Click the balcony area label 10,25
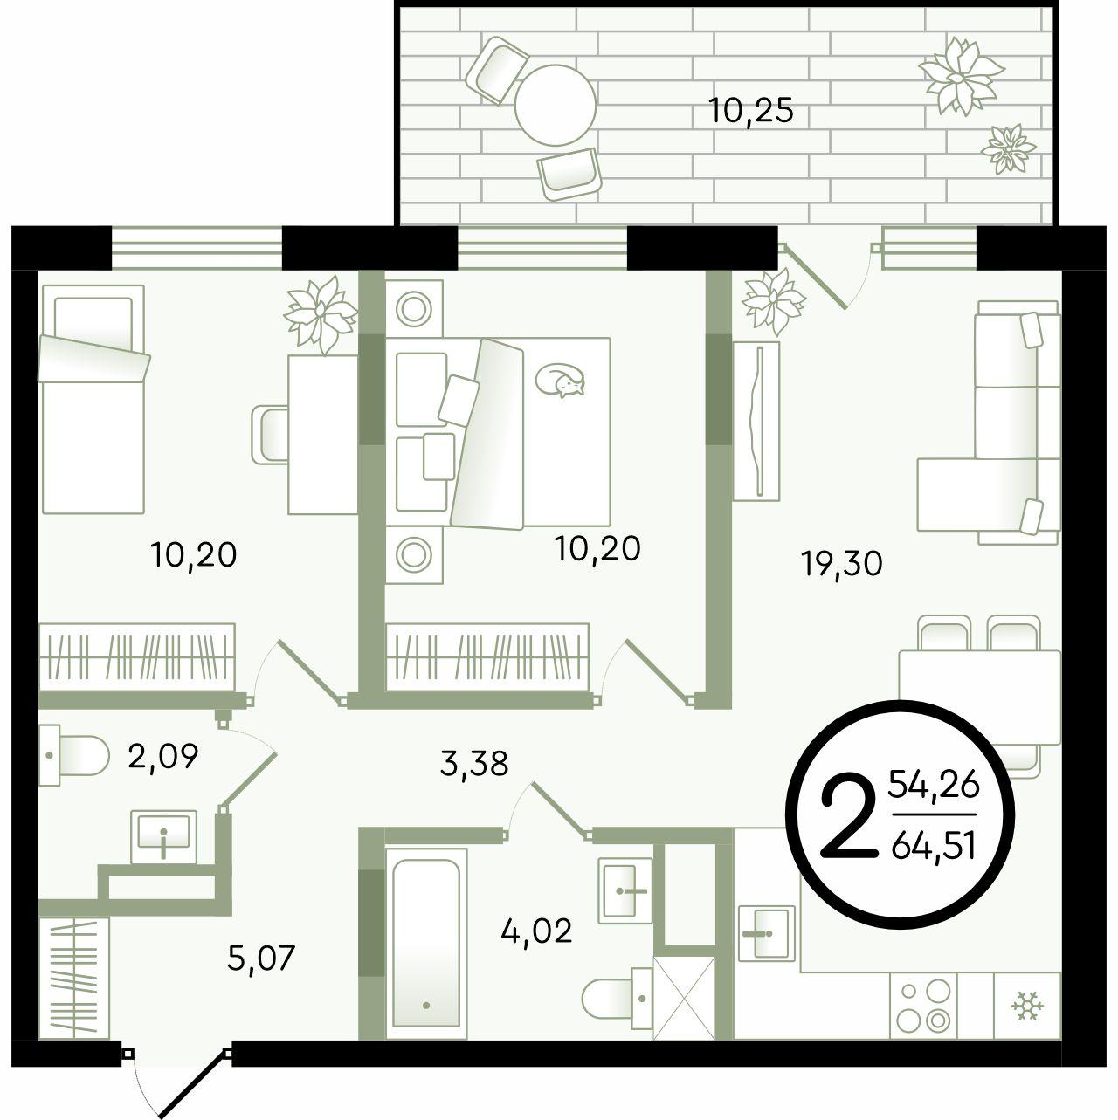(751, 111)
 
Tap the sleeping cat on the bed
(560, 381)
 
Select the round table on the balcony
(556, 106)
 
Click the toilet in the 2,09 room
(74, 756)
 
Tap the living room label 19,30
(841, 563)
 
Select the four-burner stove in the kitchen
(923, 1005)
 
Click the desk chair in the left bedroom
(271, 434)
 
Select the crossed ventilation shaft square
(684, 998)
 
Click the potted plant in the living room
(774, 303)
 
